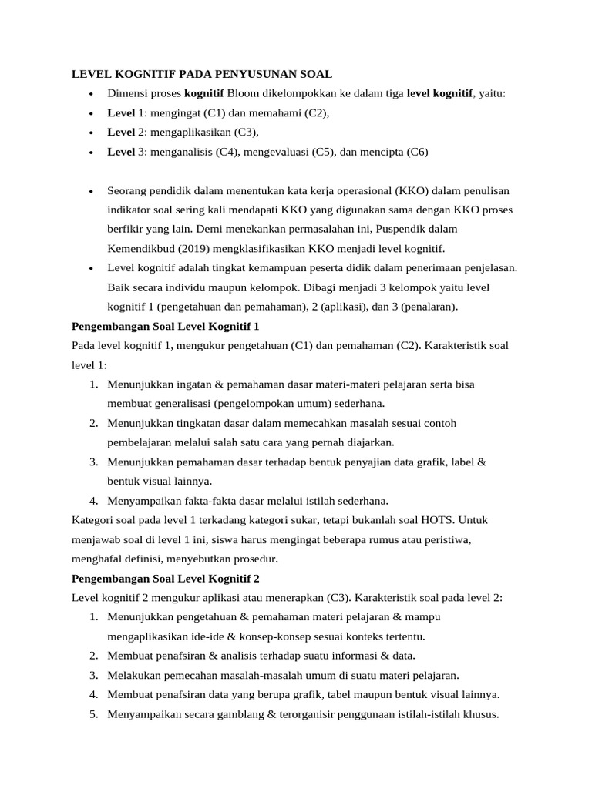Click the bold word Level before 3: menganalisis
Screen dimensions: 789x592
pos(121,152)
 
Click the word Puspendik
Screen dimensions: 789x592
pos(396,229)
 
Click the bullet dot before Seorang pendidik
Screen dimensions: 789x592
pos(91,191)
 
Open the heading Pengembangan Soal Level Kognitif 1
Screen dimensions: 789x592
pos(165,326)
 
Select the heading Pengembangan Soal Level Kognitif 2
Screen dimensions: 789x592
pos(165,578)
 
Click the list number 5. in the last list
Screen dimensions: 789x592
pos(93,713)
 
